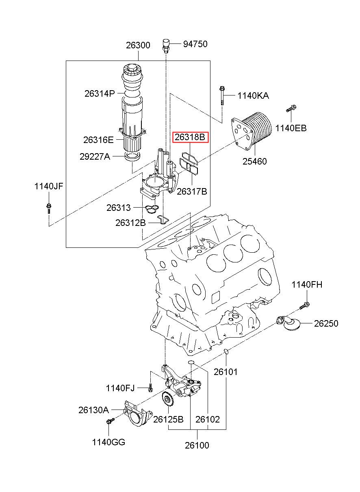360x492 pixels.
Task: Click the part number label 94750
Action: click(x=195, y=44)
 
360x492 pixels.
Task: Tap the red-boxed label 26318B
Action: click(x=190, y=137)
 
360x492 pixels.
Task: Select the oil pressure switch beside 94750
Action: click(x=166, y=46)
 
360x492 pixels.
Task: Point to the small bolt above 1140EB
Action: click(x=291, y=108)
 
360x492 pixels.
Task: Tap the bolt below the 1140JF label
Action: click(x=49, y=208)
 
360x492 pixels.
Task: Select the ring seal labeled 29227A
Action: click(x=132, y=156)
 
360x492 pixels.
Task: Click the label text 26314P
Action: click(x=100, y=94)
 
